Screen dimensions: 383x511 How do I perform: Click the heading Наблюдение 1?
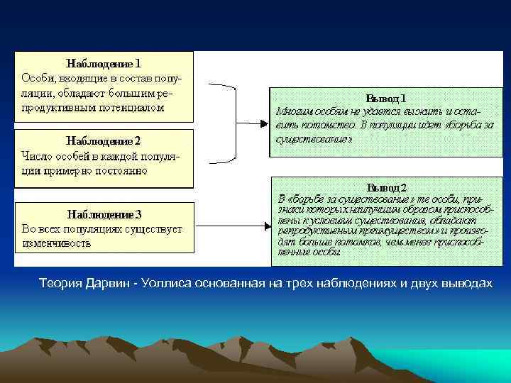click(104, 62)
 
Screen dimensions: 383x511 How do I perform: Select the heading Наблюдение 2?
click(104, 140)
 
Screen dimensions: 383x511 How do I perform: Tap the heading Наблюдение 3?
click(104, 213)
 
